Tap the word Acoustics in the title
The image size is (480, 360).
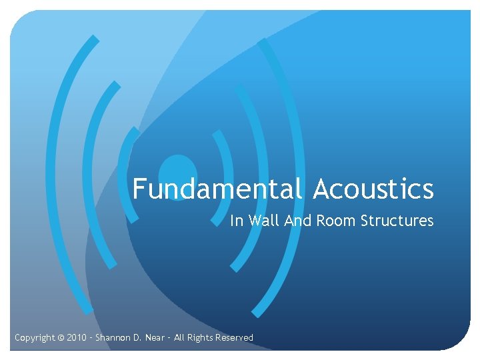[373, 189]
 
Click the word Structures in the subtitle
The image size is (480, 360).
[397, 221]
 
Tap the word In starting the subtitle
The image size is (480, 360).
[237, 221]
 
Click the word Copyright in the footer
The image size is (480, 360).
[35, 338]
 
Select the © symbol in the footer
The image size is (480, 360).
[61, 338]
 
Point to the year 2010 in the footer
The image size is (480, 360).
[77, 338]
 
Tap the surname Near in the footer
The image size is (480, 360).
[155, 338]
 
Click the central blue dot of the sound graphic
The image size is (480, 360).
[178, 172]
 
